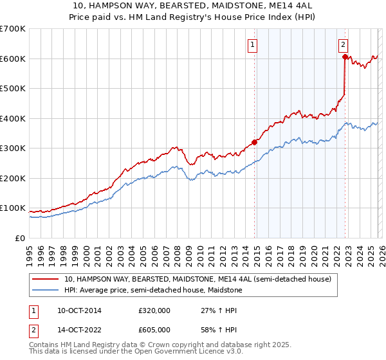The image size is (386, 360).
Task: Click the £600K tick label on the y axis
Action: coord(13,59)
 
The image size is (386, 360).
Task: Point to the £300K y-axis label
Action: coord(13,148)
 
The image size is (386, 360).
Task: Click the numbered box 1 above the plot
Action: coord(253,45)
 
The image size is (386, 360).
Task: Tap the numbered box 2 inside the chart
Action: coord(344,45)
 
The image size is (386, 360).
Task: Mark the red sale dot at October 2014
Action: coord(254,142)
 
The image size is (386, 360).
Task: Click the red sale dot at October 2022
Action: coord(345,57)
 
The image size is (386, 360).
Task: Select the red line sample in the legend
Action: coord(45,280)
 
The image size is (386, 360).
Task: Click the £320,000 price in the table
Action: coord(154,310)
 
